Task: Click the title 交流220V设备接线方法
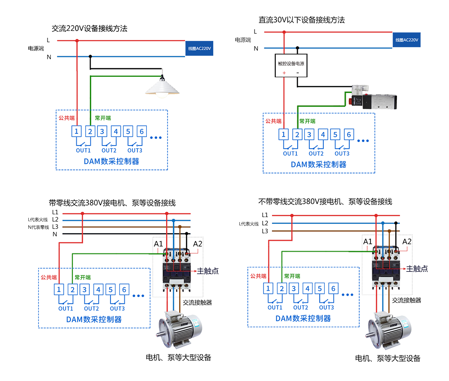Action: [90, 28]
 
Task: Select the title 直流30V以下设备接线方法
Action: [301, 21]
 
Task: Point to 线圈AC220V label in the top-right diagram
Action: [407, 40]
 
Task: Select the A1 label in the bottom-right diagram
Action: [367, 242]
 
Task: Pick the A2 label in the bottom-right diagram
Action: [406, 242]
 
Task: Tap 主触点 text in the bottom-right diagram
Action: [417, 269]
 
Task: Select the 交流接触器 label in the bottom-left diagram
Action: [198, 302]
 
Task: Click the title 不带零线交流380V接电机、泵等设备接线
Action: [326, 201]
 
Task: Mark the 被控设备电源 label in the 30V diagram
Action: [291, 63]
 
